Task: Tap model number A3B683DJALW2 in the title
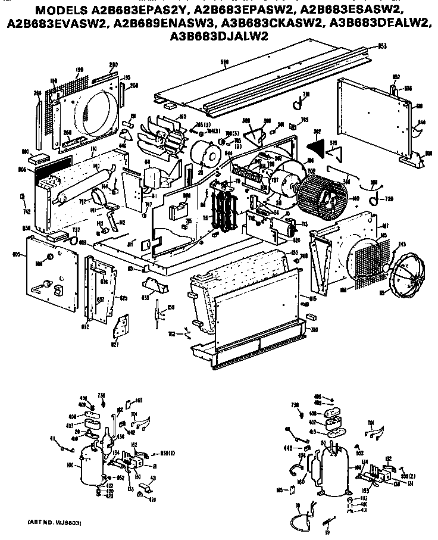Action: tap(218, 36)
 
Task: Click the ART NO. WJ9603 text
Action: tap(55, 522)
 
